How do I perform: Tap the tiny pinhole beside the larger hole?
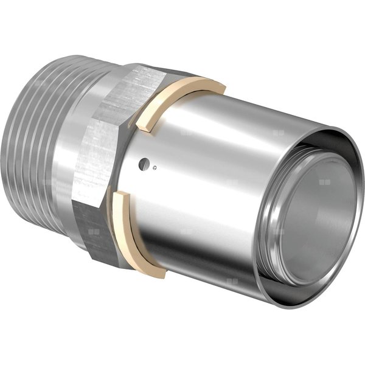155,168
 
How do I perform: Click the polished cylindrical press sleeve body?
201,176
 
